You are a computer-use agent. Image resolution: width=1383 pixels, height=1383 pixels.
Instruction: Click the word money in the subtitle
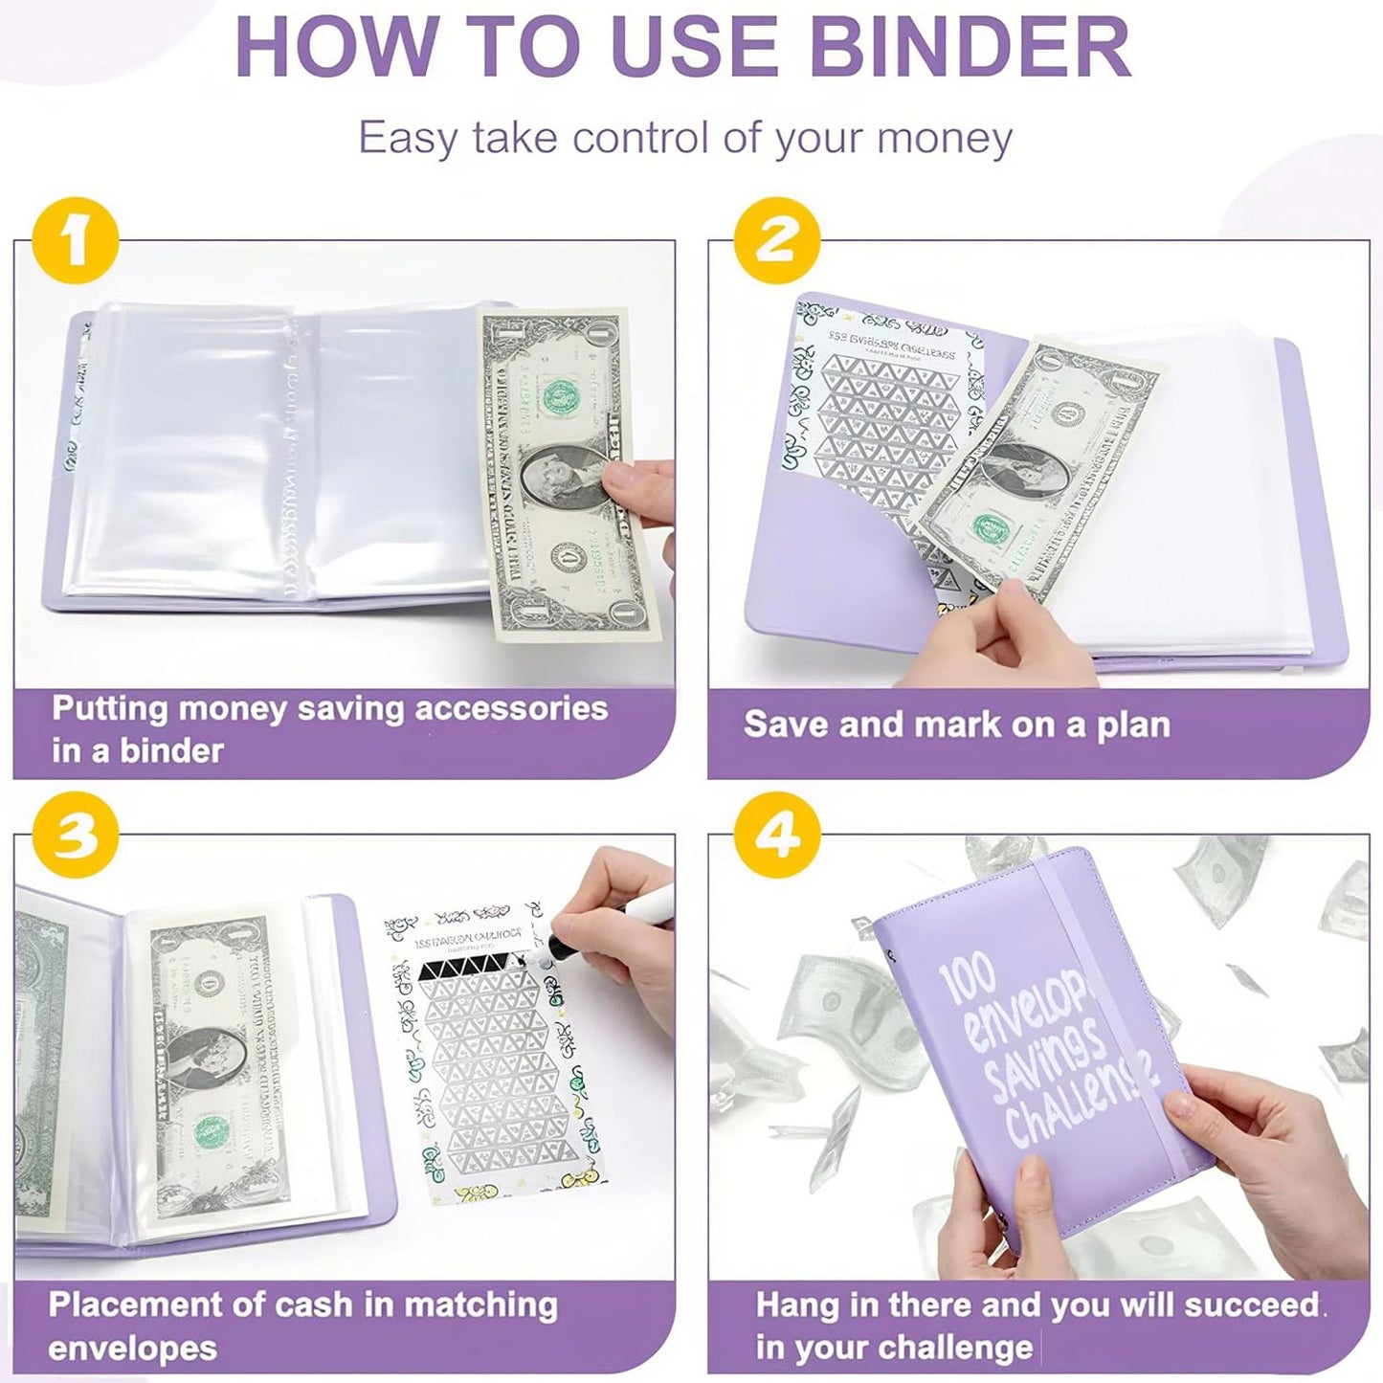tap(944, 138)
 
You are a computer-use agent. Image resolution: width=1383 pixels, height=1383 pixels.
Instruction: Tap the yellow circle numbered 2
tap(776, 239)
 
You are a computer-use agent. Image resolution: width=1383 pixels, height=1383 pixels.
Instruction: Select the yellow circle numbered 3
tap(75, 834)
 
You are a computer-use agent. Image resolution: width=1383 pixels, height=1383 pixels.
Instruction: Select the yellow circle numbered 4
tap(776, 834)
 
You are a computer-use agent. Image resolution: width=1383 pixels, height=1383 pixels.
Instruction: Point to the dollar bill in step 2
tap(1038, 469)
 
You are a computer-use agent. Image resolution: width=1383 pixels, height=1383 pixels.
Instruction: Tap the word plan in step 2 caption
tap(1133, 725)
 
